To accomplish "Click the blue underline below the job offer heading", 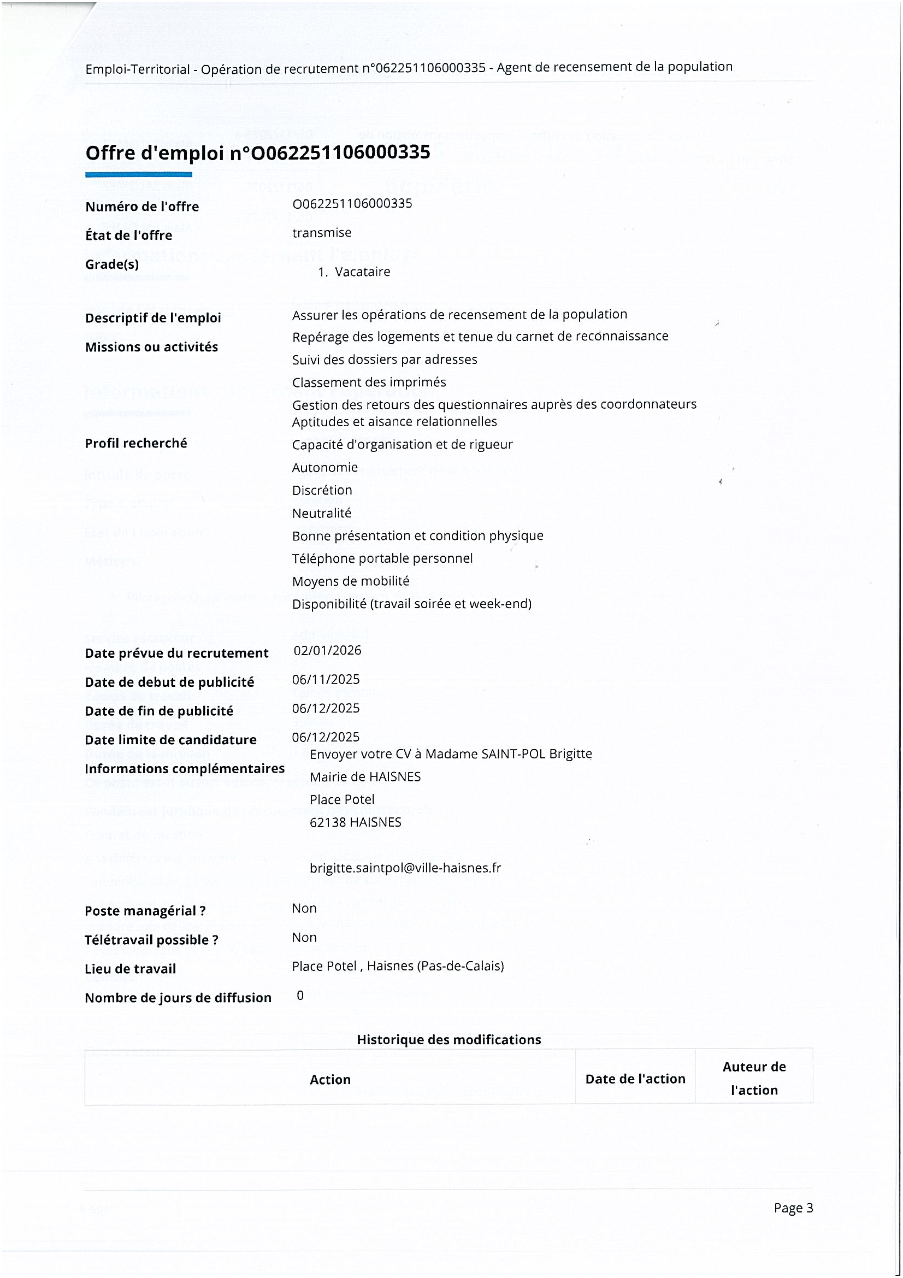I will coord(139,175).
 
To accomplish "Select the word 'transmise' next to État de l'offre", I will coord(322,233).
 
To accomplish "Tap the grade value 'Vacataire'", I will coord(362,272).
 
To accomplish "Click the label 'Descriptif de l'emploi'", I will coord(153,318).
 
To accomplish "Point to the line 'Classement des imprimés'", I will coord(369,382).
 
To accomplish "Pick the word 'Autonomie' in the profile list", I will coord(325,468).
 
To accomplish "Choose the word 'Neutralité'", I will coord(322,513).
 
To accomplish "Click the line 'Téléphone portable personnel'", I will coord(382,558).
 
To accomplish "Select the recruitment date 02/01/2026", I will coord(327,650).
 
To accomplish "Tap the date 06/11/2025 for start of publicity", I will coord(326,679).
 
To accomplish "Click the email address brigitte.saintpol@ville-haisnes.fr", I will coord(405,868).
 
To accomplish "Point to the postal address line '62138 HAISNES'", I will coord(356,822).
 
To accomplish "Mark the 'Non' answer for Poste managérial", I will coord(304,909).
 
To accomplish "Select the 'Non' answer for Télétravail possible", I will coord(304,938).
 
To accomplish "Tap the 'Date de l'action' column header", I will coord(635,1079).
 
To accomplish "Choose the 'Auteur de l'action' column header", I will coord(754,1078).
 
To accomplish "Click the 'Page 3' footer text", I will coord(793,1208).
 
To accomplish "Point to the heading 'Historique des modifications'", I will coord(448,1039).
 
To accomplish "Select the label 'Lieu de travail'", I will coord(130,969).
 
